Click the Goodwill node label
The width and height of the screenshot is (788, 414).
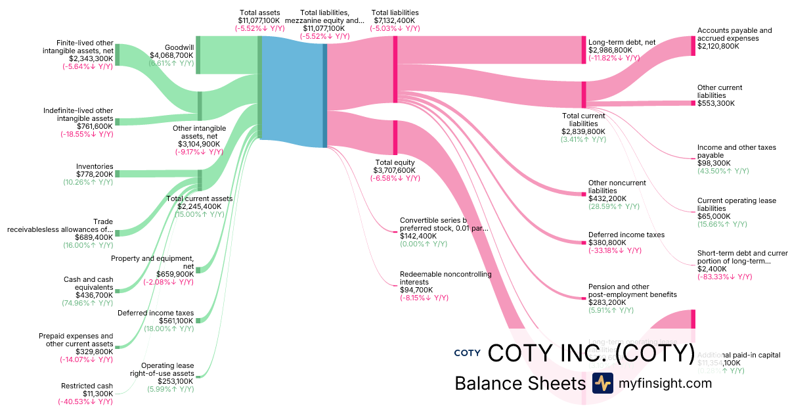(x=179, y=47)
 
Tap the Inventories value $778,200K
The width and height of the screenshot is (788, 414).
(x=95, y=174)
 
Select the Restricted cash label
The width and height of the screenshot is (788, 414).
(x=87, y=386)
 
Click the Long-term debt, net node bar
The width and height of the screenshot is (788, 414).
(x=583, y=50)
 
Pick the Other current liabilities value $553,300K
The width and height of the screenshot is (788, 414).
(x=716, y=103)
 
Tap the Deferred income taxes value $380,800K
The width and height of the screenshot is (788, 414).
(x=608, y=242)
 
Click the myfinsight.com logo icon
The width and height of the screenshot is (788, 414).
(x=602, y=383)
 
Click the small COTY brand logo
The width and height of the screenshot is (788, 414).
(x=467, y=353)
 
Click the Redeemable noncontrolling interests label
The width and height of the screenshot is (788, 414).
(x=445, y=278)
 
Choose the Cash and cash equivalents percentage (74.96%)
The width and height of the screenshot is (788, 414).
(x=88, y=303)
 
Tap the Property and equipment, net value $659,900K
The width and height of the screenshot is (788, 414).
(x=175, y=274)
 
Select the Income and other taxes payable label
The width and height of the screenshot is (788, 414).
(x=736, y=151)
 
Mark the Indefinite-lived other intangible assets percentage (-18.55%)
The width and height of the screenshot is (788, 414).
(x=87, y=134)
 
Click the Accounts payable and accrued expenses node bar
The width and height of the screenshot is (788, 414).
(x=693, y=46)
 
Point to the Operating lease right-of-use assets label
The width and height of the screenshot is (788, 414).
(x=167, y=369)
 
